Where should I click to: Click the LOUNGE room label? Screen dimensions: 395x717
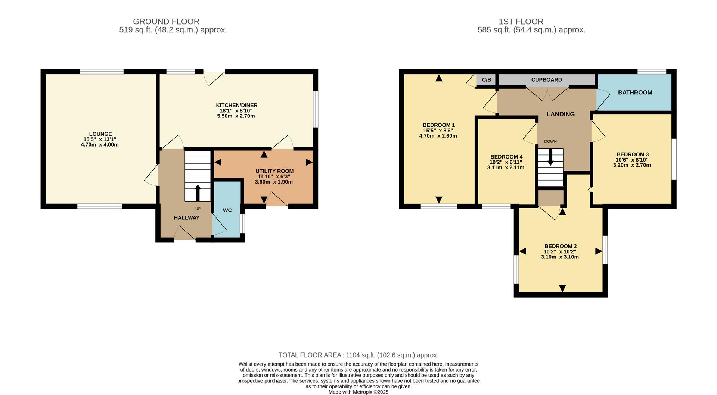click(x=100, y=134)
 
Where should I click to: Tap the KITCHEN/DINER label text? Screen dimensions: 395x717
click(x=236, y=105)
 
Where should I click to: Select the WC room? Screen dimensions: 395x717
click(x=227, y=210)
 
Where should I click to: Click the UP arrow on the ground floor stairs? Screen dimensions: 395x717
click(x=198, y=192)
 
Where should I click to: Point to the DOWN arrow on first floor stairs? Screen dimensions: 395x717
click(x=550, y=158)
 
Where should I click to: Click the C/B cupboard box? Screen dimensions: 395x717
click(x=486, y=80)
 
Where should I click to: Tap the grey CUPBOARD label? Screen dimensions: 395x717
click(x=546, y=80)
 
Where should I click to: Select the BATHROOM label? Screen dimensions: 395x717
click(x=635, y=93)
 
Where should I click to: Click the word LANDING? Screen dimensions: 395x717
click(x=560, y=114)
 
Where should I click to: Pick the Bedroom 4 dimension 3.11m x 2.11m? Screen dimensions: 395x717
click(x=506, y=167)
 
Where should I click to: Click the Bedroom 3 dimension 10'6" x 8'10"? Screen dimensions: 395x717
click(x=632, y=160)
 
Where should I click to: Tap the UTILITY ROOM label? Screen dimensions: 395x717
click(x=274, y=171)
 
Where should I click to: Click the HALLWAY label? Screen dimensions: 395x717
click(x=186, y=218)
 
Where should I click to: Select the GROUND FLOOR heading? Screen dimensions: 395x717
click(x=166, y=22)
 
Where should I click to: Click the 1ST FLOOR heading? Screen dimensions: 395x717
click(x=521, y=22)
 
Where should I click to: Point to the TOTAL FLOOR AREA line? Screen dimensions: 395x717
click(x=358, y=355)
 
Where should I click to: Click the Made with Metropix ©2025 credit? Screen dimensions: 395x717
click(x=358, y=392)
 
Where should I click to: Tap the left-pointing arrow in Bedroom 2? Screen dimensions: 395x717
click(x=522, y=251)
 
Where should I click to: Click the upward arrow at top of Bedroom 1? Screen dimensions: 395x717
click(x=439, y=78)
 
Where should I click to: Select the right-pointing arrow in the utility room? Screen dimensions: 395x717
click(x=309, y=162)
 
